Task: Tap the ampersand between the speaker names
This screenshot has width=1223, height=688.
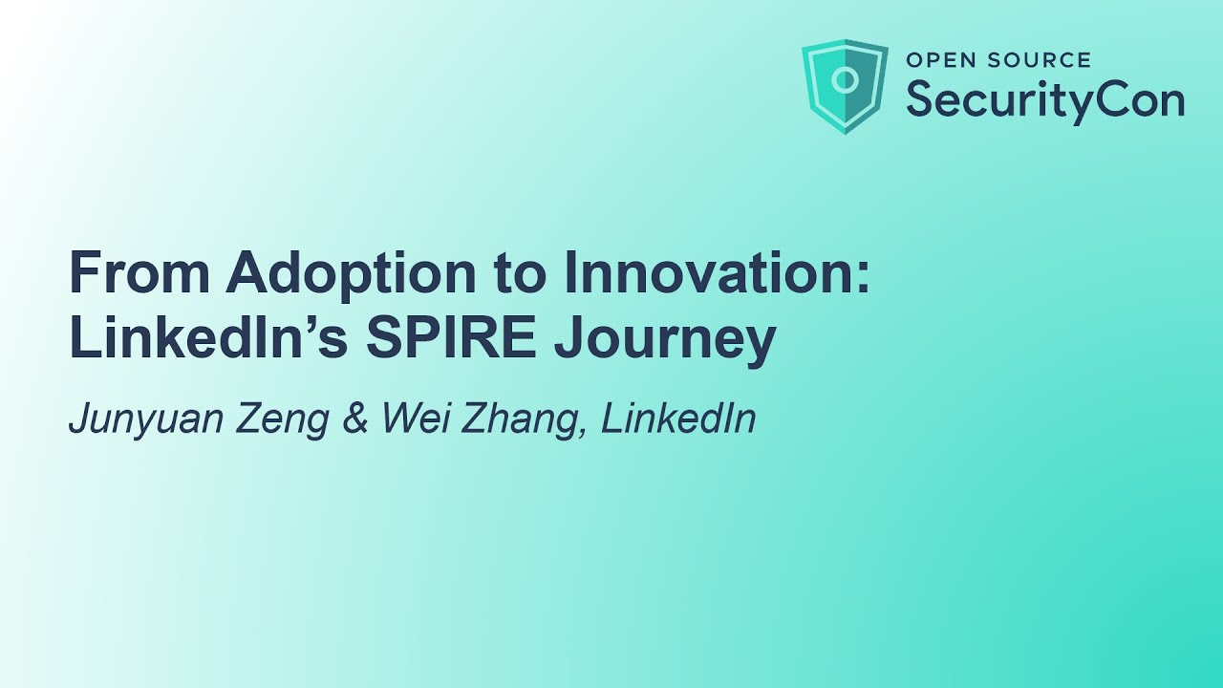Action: [x=354, y=419]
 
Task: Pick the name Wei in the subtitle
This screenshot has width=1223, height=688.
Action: [x=412, y=419]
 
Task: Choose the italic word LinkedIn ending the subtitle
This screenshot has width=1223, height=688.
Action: [x=678, y=419]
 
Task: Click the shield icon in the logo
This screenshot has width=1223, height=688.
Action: [x=845, y=86]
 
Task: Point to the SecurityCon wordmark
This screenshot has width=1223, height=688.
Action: [x=1045, y=98]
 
